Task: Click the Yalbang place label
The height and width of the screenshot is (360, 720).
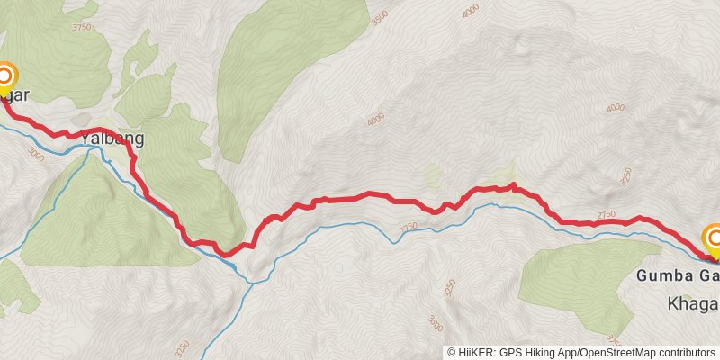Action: (112, 139)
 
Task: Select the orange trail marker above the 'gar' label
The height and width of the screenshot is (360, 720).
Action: (6, 76)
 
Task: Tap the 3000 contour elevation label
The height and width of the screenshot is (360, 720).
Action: (36, 155)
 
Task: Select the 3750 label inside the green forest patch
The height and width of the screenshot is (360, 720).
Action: (82, 27)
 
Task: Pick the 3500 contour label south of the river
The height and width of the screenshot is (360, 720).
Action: (436, 321)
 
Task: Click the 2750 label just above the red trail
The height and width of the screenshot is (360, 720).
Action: (606, 214)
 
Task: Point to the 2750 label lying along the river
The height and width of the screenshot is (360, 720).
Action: (409, 229)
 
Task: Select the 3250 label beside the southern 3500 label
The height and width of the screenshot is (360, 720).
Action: (449, 288)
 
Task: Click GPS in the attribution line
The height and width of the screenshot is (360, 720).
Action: (509, 353)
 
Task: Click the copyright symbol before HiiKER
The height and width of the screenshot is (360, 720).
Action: (452, 353)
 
